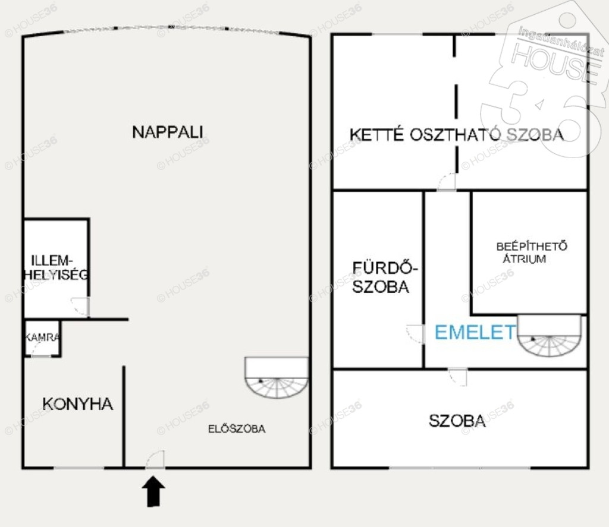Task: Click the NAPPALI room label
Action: click(x=167, y=132)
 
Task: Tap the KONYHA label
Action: click(x=78, y=404)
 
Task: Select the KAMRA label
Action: click(x=42, y=337)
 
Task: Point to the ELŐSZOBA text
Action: click(x=237, y=429)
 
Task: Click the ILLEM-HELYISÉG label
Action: click(x=56, y=267)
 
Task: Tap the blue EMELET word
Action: click(x=475, y=333)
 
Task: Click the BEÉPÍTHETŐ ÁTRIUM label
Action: click(x=531, y=253)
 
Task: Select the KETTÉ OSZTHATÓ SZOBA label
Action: click(x=457, y=135)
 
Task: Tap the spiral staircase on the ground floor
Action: click(x=277, y=378)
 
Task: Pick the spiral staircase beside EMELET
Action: click(x=550, y=336)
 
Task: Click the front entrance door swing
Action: click(x=155, y=459)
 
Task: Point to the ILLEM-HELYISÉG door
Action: click(x=81, y=307)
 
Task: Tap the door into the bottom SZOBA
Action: click(x=458, y=378)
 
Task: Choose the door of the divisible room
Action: click(x=447, y=182)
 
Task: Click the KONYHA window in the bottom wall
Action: click(x=79, y=468)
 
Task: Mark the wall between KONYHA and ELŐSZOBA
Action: click(x=124, y=416)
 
